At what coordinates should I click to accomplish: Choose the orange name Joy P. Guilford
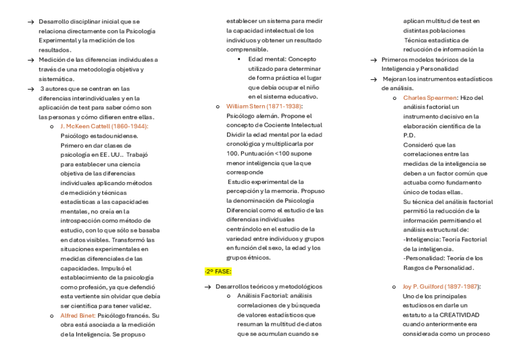tap(441, 287)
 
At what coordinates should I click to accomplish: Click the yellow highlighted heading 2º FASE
tap(214, 272)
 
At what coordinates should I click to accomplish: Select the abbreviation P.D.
tap(409, 135)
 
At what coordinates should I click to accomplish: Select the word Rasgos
tap(416, 267)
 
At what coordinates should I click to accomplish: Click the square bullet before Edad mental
tap(239, 59)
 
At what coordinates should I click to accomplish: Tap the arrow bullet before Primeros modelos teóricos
tap(374, 59)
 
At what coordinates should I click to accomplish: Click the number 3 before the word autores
tap(41, 88)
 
